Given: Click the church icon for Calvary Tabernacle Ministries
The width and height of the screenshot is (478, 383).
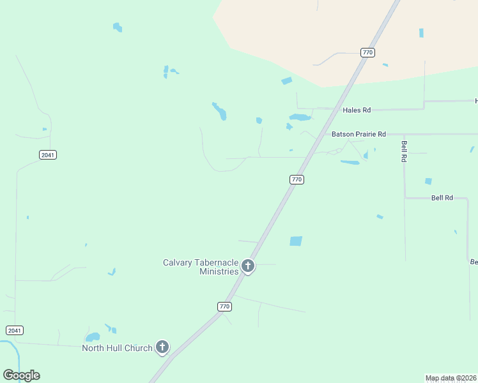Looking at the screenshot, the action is [x=248, y=266].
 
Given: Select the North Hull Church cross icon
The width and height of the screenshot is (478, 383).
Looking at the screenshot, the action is [x=162, y=347].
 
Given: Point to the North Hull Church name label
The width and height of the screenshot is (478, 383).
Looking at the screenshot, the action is [x=117, y=348].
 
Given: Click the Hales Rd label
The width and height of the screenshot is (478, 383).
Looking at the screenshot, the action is [x=357, y=110].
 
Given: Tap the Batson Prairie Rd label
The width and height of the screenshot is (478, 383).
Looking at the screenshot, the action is [x=358, y=134].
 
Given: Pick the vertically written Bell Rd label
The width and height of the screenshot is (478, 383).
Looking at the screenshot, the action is [x=404, y=151].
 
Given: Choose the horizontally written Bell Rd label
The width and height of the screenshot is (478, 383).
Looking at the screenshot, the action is [x=442, y=198].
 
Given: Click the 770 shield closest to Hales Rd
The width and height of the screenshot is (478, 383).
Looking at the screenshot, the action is [x=367, y=52].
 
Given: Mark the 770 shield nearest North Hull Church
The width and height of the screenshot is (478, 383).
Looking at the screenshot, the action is [x=224, y=306].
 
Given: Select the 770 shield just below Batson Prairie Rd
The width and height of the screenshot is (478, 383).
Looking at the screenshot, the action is [x=296, y=179].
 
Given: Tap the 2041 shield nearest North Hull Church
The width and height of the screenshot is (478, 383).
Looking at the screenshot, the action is [x=14, y=330].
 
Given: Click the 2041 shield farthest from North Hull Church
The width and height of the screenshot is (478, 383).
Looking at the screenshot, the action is [x=47, y=154].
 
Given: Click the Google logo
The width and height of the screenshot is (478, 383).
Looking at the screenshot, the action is [x=21, y=375].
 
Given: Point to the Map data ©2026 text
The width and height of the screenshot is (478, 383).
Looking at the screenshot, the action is [x=451, y=378].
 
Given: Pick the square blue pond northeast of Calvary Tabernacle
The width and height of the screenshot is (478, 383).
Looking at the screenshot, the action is [x=295, y=241].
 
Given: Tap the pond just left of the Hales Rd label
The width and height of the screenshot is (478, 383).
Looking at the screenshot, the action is [x=299, y=117].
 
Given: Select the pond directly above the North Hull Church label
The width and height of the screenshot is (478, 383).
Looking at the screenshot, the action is [x=93, y=336].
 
